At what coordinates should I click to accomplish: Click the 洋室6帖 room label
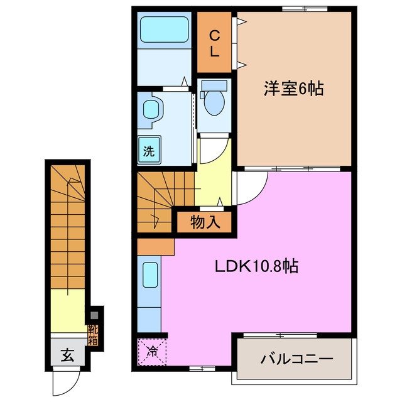(293, 89)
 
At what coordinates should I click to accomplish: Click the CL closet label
(214, 43)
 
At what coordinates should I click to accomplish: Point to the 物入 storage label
(205, 222)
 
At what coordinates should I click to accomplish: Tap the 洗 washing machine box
(149, 151)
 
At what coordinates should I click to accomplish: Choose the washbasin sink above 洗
(151, 110)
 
